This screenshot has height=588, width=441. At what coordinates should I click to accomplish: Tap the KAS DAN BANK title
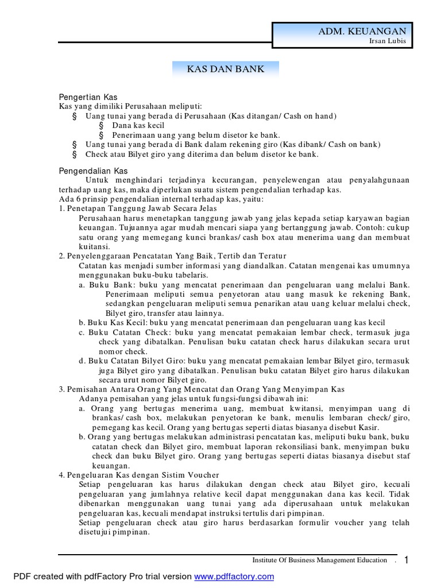tap(226, 69)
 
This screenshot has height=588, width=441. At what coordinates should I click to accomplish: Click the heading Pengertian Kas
tap(88, 97)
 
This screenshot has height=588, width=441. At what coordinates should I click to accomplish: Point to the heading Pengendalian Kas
tap(94, 171)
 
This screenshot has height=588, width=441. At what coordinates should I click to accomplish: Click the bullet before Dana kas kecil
tap(101, 125)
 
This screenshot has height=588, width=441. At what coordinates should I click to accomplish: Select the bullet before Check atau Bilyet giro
tap(74, 154)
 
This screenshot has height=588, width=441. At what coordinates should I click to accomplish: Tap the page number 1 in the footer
tap(407, 560)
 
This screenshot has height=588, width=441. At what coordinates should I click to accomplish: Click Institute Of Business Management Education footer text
tap(320, 560)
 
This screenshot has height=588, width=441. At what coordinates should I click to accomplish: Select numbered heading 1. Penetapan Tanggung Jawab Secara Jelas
tap(138, 208)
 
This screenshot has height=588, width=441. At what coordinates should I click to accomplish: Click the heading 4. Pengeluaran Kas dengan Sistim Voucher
tap(139, 475)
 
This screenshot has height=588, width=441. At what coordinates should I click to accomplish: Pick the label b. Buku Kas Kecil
tap(113, 323)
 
